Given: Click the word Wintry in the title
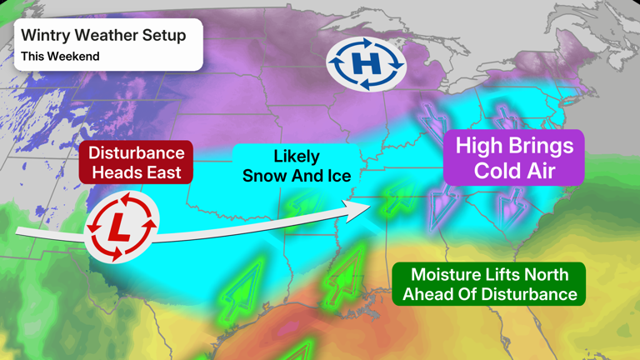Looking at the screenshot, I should [46, 35].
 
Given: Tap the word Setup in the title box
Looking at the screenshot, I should [165, 35].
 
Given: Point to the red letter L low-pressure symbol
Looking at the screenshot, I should [122, 227].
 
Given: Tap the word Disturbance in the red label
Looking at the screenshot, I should [136, 153].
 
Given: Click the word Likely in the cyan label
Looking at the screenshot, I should [296, 157].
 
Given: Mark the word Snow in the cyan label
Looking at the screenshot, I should [263, 176].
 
